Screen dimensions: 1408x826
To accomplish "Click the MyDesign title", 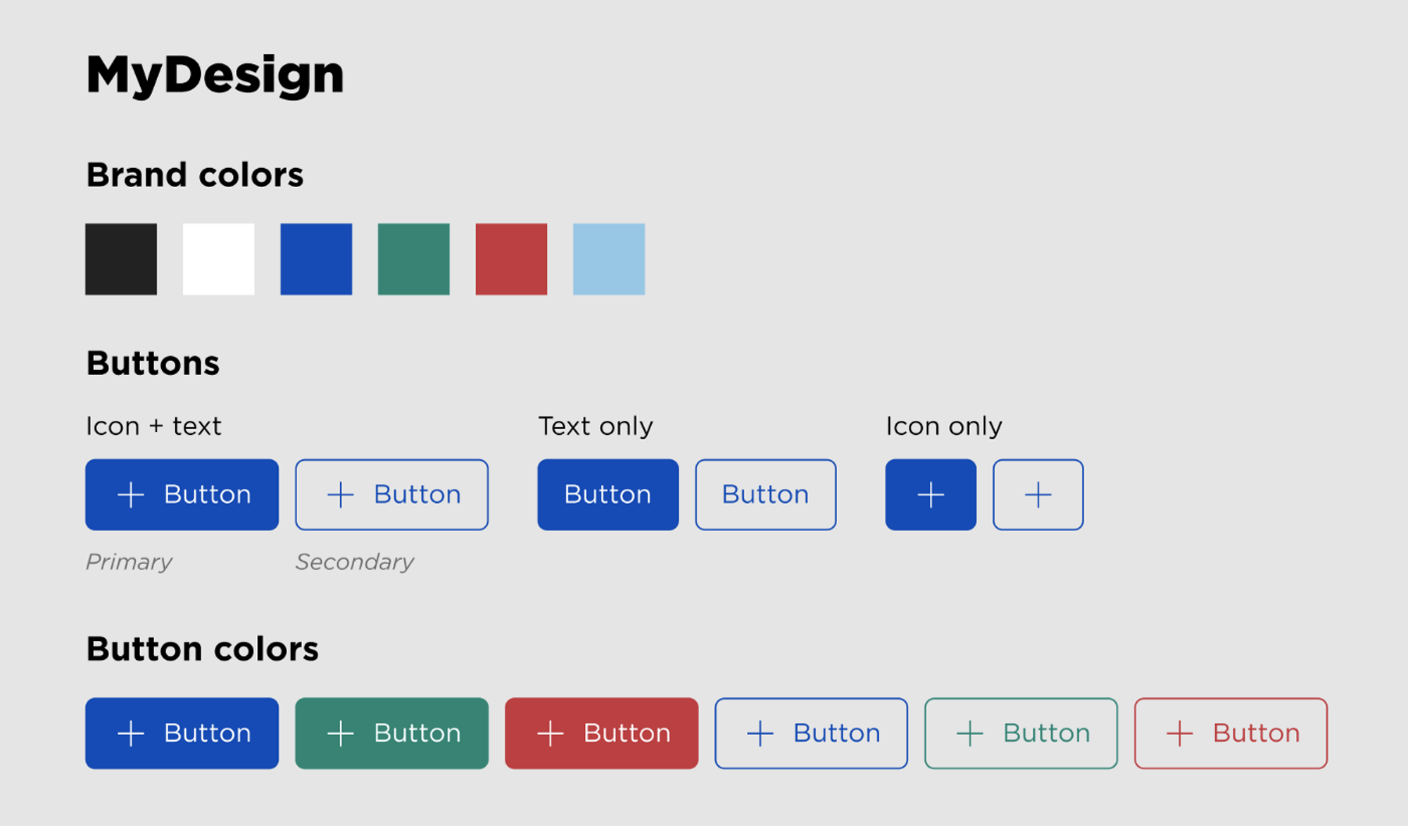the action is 215,75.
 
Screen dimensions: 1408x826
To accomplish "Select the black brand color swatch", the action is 121,259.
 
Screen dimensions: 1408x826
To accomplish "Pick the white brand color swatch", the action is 218,259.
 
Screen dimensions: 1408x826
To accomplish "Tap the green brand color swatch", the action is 414,259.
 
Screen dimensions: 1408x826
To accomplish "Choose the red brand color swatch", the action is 511,259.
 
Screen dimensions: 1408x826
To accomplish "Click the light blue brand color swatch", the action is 609,259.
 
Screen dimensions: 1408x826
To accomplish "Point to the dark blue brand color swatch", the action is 316,259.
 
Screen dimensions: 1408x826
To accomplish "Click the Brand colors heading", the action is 195,174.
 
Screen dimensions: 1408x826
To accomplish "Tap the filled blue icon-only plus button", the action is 931,495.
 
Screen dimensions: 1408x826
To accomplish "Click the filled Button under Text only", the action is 608,495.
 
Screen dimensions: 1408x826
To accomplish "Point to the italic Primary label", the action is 129,561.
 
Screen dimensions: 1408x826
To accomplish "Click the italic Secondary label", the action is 355,561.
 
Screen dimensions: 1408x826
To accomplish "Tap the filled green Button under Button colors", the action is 391,733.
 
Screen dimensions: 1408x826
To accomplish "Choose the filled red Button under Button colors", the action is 602,733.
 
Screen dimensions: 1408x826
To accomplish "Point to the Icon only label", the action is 944,426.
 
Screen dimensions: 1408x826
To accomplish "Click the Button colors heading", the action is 203,649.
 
